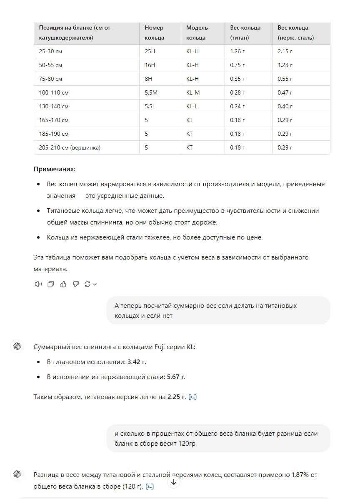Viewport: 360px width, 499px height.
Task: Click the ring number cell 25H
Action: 150,51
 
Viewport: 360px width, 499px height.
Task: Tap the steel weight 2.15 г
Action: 285,51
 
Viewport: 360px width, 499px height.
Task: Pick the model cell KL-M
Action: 193,92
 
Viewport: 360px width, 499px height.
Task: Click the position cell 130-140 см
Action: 54,106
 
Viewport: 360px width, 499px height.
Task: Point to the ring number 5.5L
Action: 150,106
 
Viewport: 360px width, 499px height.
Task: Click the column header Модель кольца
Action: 197,32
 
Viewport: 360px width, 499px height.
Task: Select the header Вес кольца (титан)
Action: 245,32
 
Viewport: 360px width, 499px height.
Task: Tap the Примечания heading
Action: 54,170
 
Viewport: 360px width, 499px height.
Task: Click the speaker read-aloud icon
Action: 38,284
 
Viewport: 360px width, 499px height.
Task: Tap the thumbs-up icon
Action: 63,284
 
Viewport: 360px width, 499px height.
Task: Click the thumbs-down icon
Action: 76,284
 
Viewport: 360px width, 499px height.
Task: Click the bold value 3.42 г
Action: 137,362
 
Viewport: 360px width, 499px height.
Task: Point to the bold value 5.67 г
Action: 176,377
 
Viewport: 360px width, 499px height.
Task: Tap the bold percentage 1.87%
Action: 300,475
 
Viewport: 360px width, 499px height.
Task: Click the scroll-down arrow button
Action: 174,482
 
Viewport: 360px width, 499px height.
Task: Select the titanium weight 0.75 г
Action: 237,65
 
